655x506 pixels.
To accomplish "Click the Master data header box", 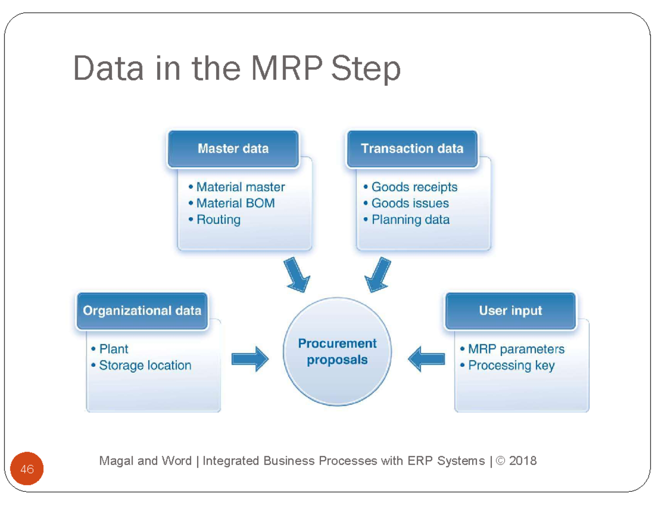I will (x=233, y=148).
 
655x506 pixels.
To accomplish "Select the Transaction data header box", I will (x=412, y=148).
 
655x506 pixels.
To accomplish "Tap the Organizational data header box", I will (x=142, y=311).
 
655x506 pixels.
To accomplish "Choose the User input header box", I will (x=510, y=311).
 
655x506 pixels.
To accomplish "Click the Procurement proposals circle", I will (x=337, y=352).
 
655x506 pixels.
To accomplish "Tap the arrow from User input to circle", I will (x=426, y=359).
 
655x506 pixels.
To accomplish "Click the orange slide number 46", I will (x=27, y=469).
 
